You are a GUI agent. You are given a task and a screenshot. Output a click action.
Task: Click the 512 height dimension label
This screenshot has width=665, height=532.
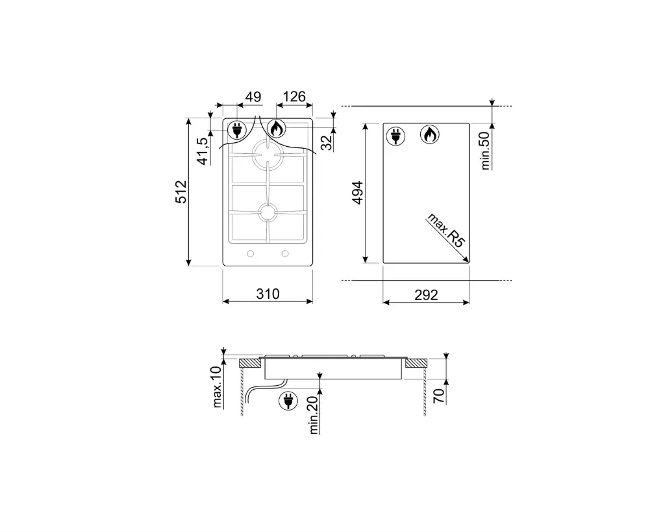(x=181, y=192)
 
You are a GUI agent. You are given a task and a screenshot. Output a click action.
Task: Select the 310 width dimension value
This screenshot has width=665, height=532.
(x=267, y=294)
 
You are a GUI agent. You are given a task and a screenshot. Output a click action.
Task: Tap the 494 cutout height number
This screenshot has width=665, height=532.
(x=356, y=194)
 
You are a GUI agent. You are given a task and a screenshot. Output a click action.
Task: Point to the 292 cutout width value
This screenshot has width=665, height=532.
(x=426, y=294)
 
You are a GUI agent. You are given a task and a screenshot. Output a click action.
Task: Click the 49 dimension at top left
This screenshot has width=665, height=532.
(x=253, y=97)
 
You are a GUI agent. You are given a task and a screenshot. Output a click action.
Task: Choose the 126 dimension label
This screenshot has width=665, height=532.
(x=293, y=97)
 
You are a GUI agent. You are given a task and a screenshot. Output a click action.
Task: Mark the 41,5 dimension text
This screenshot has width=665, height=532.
(x=202, y=151)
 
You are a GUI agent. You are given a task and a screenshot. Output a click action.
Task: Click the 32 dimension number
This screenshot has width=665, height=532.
(x=327, y=141)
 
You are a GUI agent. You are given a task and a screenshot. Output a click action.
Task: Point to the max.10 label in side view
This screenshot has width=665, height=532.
(x=218, y=386)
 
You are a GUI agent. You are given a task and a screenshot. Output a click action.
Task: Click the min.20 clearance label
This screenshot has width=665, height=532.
(x=314, y=415)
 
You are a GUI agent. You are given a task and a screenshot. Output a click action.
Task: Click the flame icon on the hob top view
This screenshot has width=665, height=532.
(x=276, y=129)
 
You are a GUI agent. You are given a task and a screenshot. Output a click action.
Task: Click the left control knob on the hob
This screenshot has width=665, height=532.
(x=250, y=254)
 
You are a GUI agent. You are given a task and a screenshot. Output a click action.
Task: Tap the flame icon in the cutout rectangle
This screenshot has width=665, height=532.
(x=429, y=134)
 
